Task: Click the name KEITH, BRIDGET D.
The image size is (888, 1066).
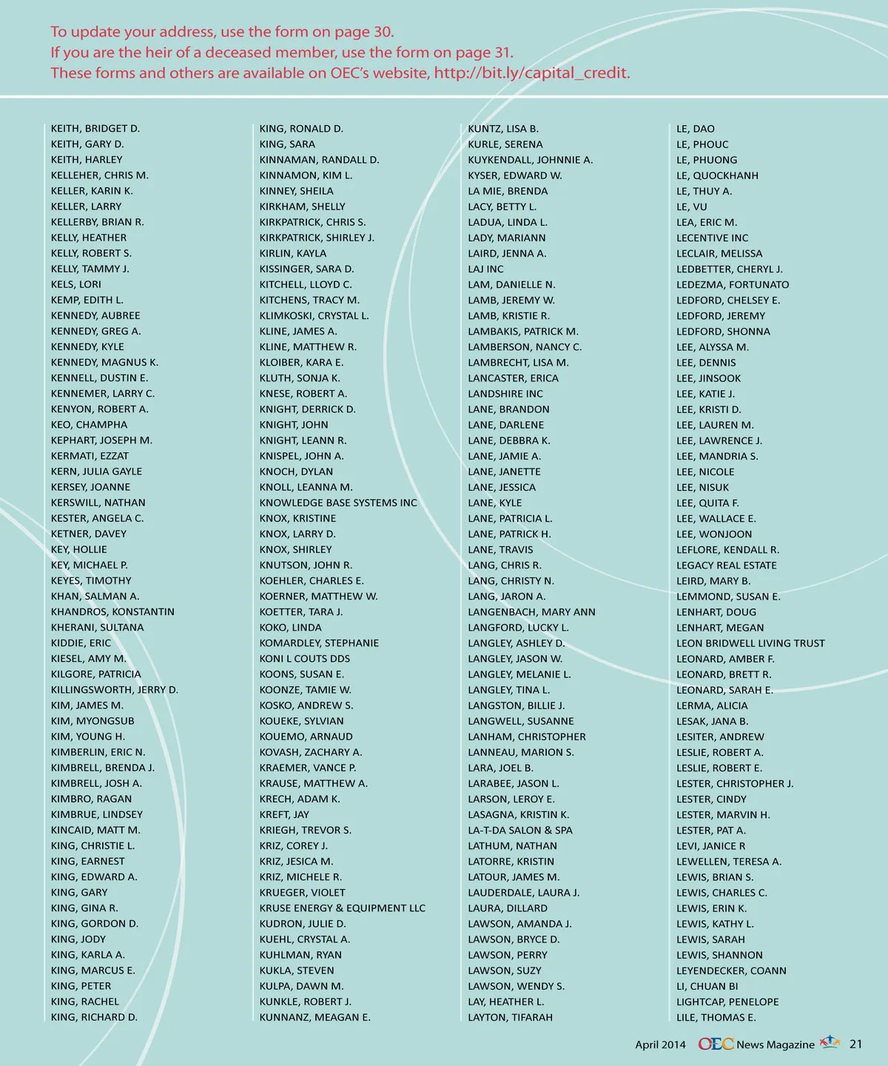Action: click(95, 129)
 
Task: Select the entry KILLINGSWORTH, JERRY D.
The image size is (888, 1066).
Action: click(115, 690)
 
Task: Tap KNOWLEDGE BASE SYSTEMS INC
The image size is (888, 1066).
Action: click(338, 503)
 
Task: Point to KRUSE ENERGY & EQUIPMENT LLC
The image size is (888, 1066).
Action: click(343, 908)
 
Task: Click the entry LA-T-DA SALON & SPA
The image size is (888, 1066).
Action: click(520, 831)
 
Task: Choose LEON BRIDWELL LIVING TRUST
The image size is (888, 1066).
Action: click(750, 643)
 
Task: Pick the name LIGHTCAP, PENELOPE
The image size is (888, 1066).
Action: click(727, 1002)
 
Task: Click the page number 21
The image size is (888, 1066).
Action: click(856, 1045)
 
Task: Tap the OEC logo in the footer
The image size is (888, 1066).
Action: click(716, 1045)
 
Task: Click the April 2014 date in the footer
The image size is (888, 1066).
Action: click(660, 1045)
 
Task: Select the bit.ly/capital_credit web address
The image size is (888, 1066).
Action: click(532, 73)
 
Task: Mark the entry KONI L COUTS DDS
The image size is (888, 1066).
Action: click(305, 659)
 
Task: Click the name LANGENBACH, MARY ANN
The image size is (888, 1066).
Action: click(531, 612)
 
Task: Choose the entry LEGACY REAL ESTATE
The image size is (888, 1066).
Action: click(727, 566)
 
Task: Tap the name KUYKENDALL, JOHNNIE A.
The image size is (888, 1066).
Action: click(531, 160)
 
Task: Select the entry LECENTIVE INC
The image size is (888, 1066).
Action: click(712, 238)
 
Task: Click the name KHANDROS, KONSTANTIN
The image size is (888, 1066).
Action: click(112, 612)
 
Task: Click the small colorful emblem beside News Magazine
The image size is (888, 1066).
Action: click(831, 1043)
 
